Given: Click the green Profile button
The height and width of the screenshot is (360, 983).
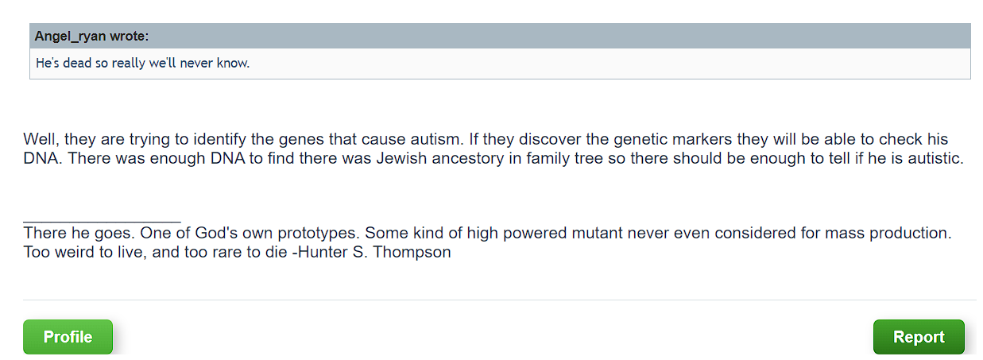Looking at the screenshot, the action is point(68,337).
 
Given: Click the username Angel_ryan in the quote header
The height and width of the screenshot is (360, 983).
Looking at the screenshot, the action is point(70,37).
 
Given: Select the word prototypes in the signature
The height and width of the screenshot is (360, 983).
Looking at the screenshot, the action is point(315,234).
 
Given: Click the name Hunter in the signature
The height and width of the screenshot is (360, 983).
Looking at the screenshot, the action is point(323,252).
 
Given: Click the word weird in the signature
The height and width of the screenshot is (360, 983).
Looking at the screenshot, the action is point(72,252).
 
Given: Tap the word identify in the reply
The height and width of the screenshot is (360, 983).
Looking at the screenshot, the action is point(219,140).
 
